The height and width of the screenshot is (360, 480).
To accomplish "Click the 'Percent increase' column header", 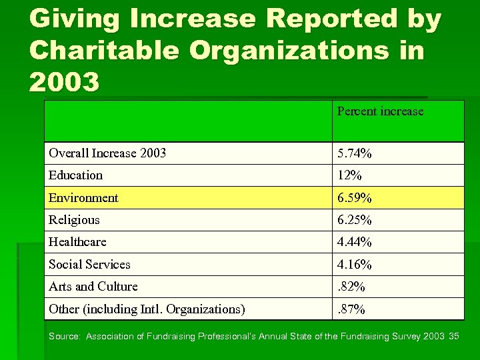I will tap(380, 111).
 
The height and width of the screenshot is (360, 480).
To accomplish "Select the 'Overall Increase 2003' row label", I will tap(107, 153).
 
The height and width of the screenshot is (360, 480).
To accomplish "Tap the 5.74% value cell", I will tap(355, 153).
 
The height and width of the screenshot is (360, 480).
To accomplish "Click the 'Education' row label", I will tap(75, 175).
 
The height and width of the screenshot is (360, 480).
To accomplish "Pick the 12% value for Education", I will tap(349, 175).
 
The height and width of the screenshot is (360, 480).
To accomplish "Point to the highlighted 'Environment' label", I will tap(83, 198).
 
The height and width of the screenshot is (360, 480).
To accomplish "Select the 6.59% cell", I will tap(355, 198).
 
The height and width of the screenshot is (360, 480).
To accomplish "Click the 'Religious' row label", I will tap(74, 220).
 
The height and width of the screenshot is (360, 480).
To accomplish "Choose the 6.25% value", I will tap(355, 220).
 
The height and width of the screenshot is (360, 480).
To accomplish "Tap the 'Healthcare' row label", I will tap(77, 242).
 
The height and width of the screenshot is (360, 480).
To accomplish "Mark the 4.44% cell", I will tap(355, 242).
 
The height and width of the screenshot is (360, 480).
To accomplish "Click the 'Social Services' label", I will tap(89, 265).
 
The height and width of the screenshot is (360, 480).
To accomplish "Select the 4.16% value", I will tap(355, 265).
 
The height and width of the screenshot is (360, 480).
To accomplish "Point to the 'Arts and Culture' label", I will tap(93, 287).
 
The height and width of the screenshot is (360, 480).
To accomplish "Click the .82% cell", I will tap(351, 287).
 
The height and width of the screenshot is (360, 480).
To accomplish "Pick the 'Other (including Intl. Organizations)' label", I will tap(147, 309).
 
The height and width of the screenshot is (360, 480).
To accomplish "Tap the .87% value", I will tap(351, 309).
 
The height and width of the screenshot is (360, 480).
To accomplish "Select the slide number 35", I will tap(455, 336).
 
